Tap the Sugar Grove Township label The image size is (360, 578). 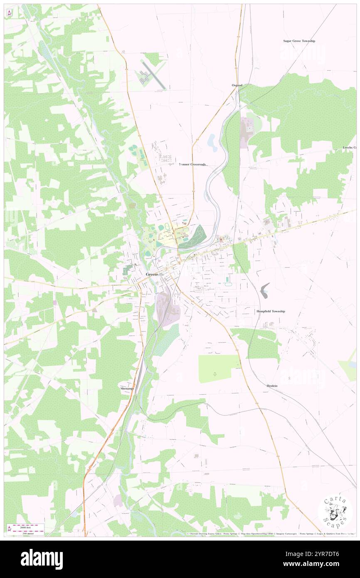pyautogui.click(x=299, y=41)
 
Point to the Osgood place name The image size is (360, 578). pyautogui.click(x=237, y=85)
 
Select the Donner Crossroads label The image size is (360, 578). pyautogui.click(x=192, y=164)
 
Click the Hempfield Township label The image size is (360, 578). pyautogui.click(x=270, y=311)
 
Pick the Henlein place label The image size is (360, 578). pyautogui.click(x=272, y=386)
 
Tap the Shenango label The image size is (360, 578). pyautogui.click(x=127, y=388)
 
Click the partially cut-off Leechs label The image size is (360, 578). pyautogui.click(x=349, y=148)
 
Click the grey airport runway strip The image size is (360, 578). pyautogui.click(x=154, y=75)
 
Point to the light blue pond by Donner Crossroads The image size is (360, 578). pyautogui.click(x=212, y=143)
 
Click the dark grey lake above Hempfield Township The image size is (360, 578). pyautogui.click(x=264, y=290)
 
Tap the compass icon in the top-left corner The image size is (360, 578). pyautogui.click(x=9, y=13)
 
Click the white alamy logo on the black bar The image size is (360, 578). pyautogui.click(x=42, y=559)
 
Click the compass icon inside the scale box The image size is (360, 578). pyautogui.click(x=9, y=528)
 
